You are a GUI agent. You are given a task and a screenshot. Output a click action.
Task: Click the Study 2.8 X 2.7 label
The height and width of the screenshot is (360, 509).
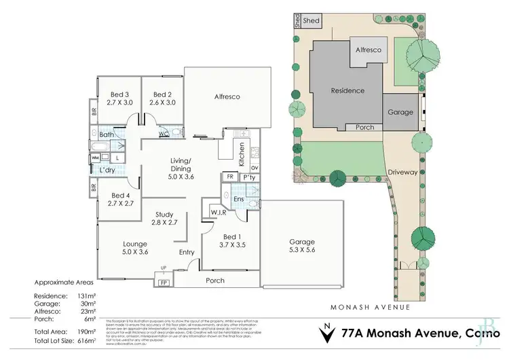[x=165, y=217]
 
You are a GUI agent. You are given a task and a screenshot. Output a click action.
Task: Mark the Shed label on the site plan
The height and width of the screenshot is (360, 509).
[x=312, y=21]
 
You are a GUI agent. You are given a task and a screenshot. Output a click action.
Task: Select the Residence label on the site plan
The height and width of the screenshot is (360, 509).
[x=347, y=90]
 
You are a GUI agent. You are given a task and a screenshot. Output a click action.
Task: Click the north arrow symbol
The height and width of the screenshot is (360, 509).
[x=328, y=333]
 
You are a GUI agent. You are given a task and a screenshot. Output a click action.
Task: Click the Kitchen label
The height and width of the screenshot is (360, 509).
[x=240, y=148]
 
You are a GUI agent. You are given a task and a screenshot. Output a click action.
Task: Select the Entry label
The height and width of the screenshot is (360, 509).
[x=186, y=253]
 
